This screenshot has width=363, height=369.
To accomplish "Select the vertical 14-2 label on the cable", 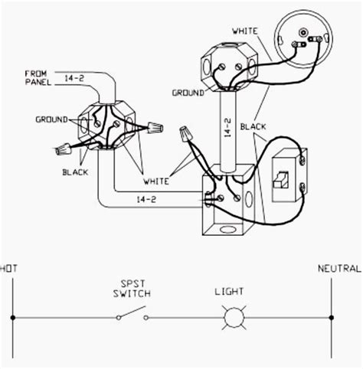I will pyautogui.click(x=227, y=122).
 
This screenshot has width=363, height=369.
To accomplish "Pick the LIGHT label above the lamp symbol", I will pyautogui.click(x=229, y=291).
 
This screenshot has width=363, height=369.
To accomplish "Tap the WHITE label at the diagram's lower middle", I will pyautogui.click(x=158, y=181).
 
